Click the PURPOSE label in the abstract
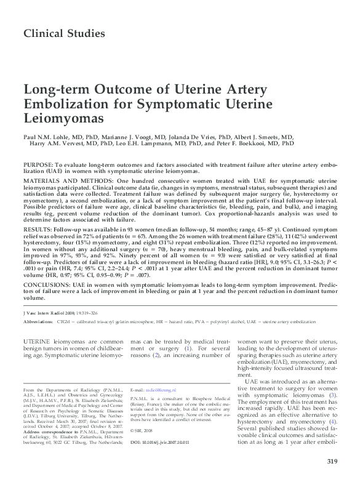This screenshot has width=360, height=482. (39, 167)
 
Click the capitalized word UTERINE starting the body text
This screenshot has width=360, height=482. (39, 340)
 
